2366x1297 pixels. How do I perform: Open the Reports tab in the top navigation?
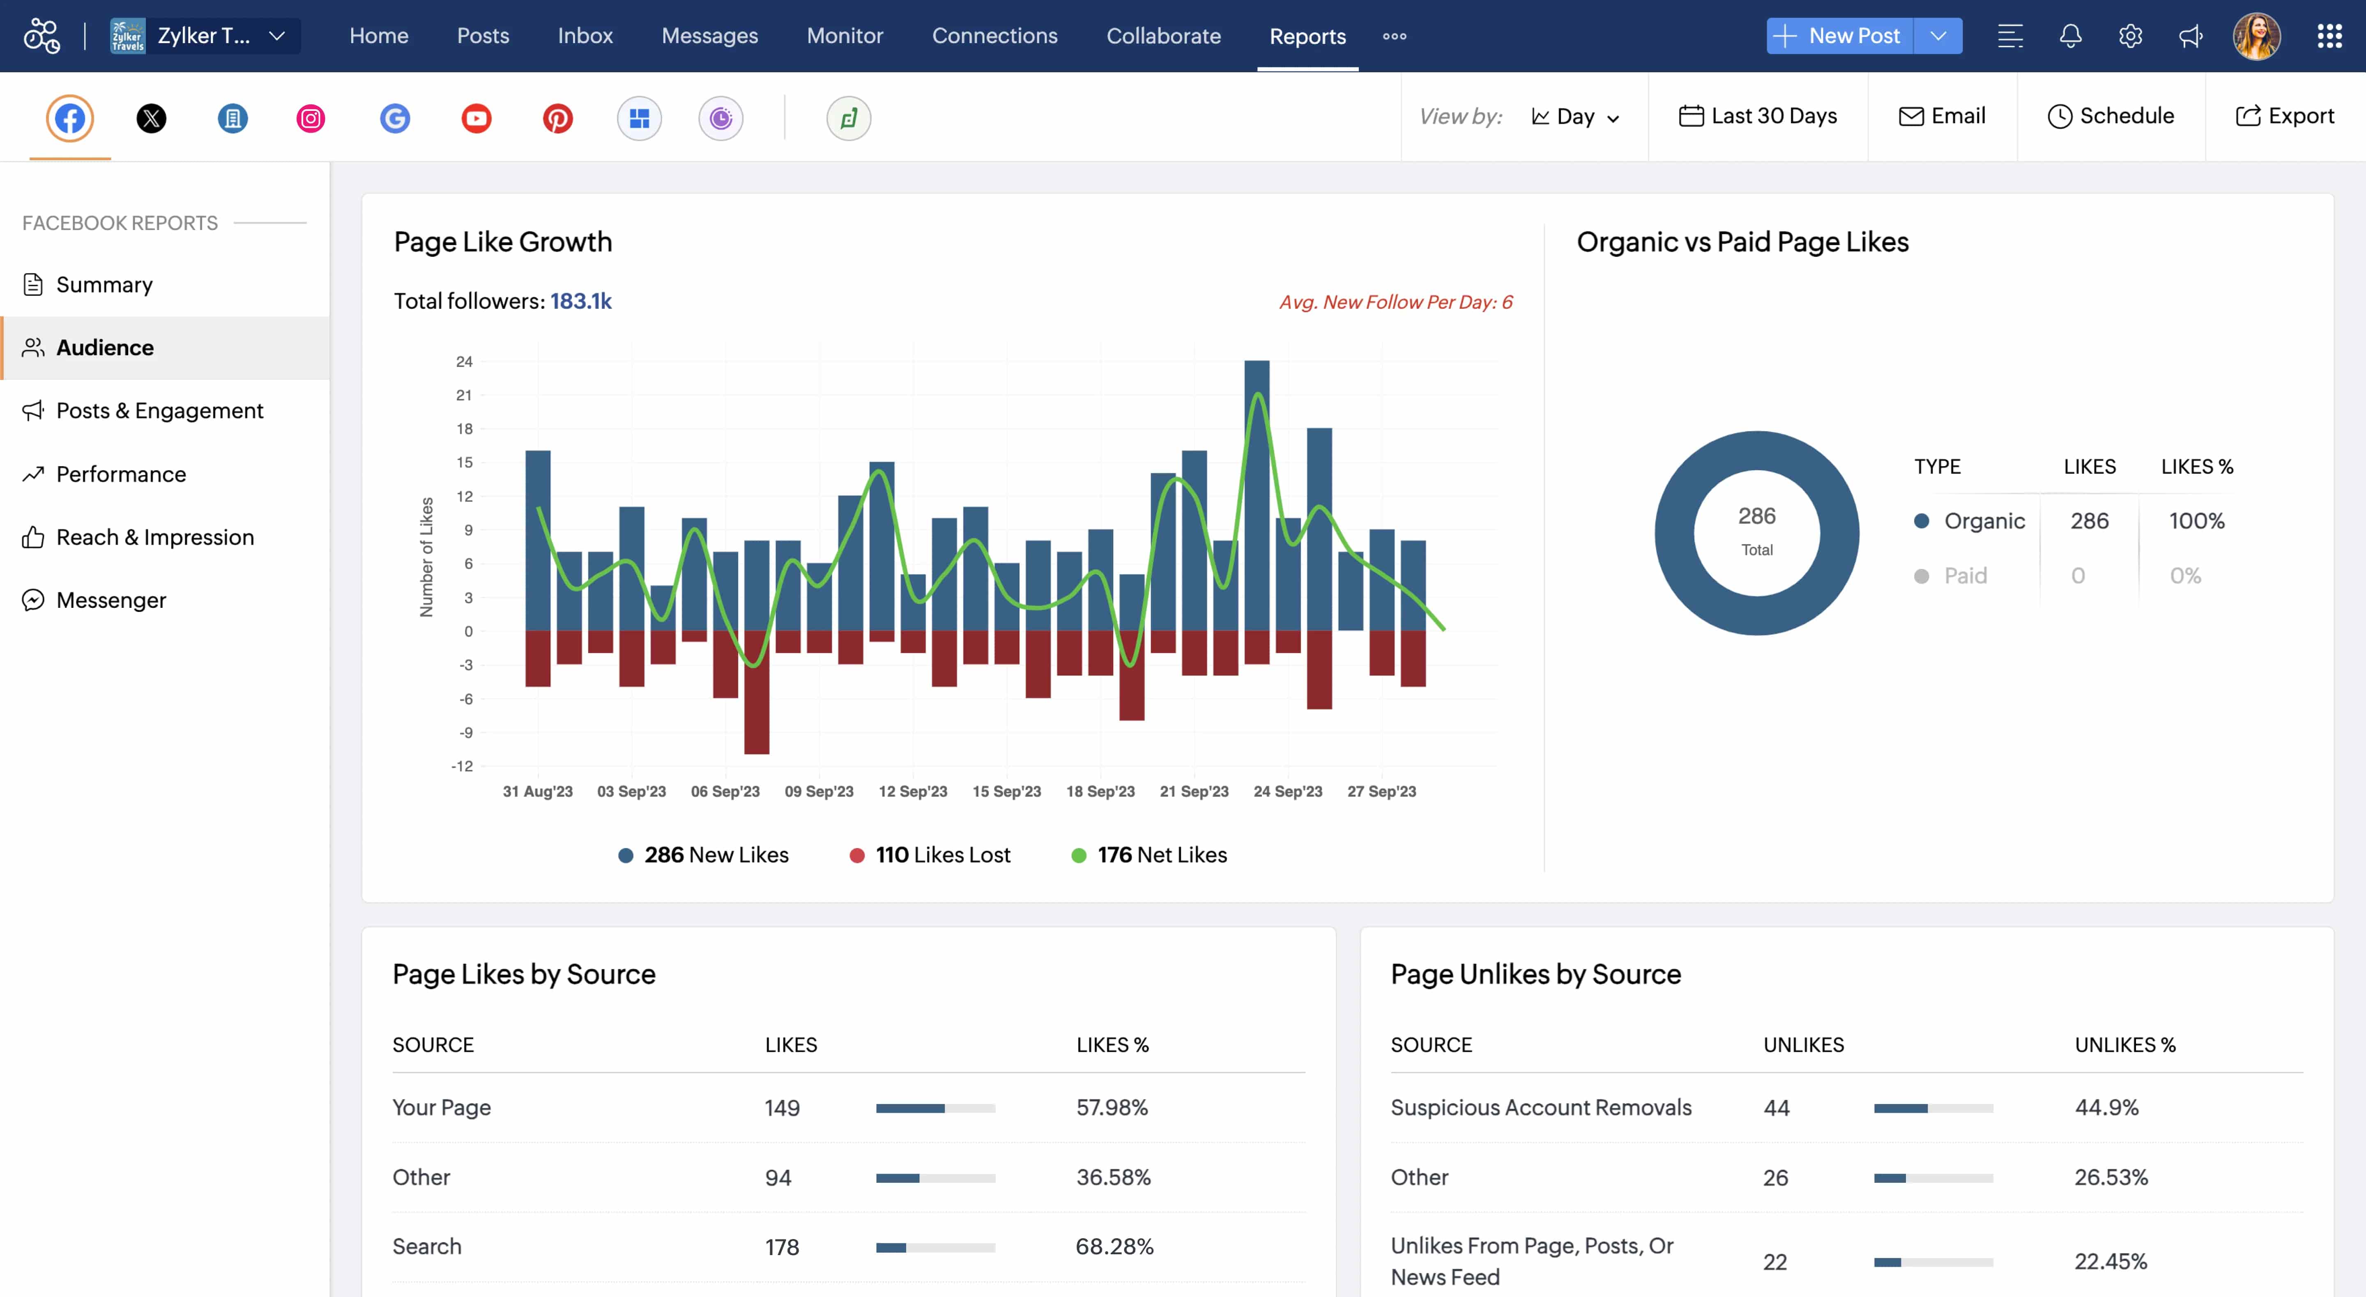1307,36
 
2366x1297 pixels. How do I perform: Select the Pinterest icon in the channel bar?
557,119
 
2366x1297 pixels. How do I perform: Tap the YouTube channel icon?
476,119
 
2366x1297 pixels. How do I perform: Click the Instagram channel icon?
311,119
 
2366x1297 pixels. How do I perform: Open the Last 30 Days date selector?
1758,116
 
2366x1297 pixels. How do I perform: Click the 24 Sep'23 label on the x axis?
1288,791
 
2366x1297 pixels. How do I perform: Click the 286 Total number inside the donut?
1756,516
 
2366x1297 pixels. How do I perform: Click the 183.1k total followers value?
580,301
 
